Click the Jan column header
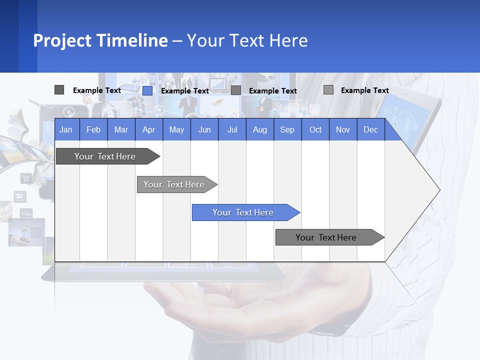coord(66,129)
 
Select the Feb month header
coord(93,129)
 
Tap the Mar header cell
coord(121,129)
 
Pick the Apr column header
coord(149,129)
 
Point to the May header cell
coord(176,129)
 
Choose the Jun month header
coord(204,129)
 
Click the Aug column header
coord(259,129)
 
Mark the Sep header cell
coord(287,129)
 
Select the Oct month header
coord(315,129)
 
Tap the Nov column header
coord(343,129)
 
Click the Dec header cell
coord(371,129)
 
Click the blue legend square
coord(147,90)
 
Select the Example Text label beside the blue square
coord(185,91)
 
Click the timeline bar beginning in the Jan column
coord(105,156)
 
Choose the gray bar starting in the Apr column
coord(174,184)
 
